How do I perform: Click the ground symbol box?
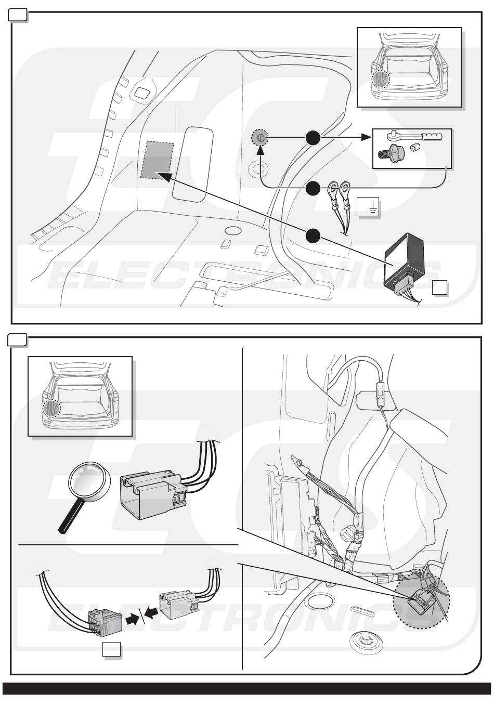(368, 206)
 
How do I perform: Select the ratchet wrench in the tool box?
(414, 136)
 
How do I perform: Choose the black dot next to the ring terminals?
(313, 189)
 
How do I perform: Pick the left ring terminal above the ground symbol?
(333, 188)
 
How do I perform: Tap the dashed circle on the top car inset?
(381, 78)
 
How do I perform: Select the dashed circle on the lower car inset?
(51, 408)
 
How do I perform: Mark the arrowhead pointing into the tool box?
(366, 137)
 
